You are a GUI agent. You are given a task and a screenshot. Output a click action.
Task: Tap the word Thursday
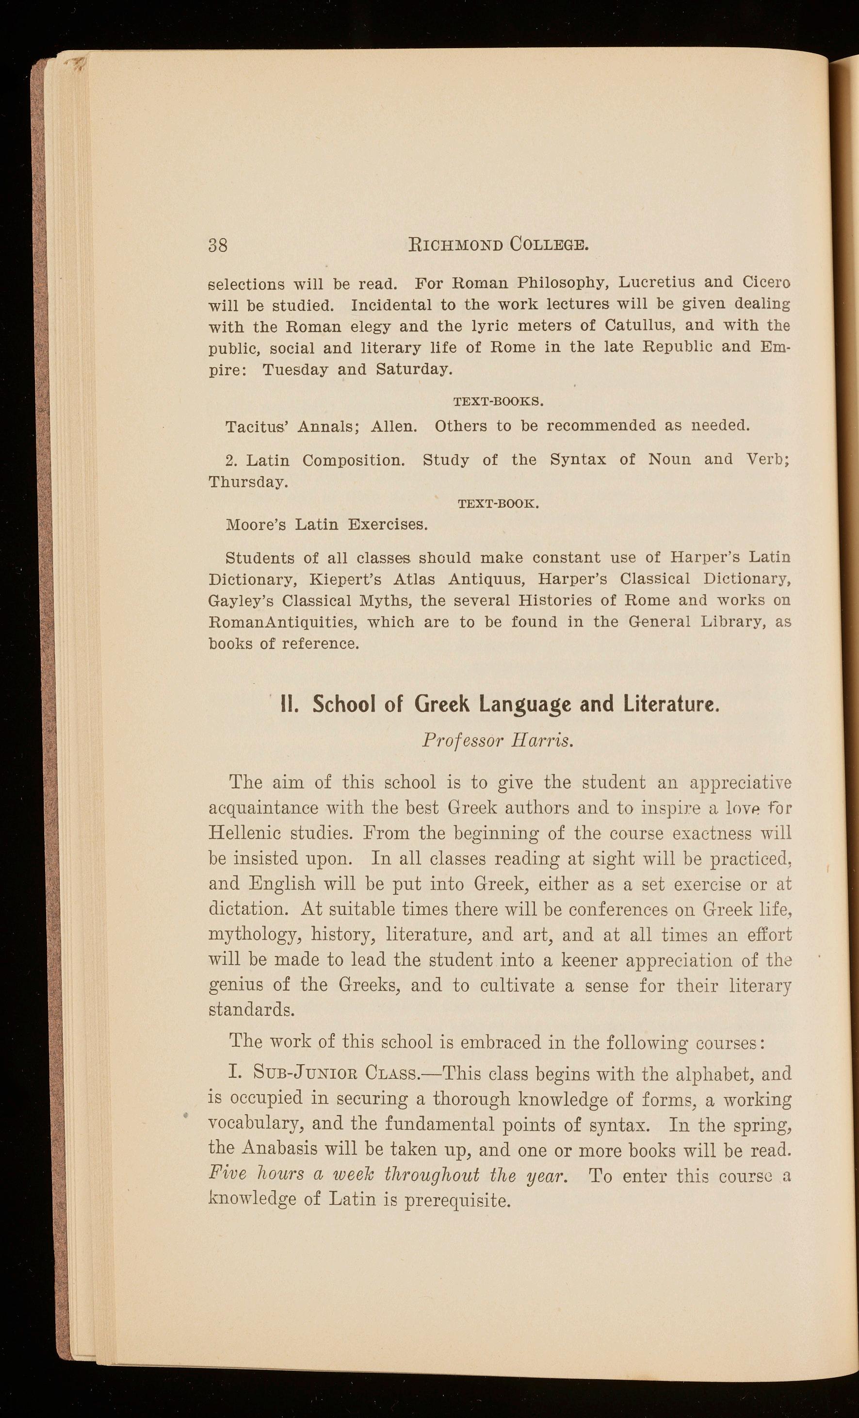point(247,482)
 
